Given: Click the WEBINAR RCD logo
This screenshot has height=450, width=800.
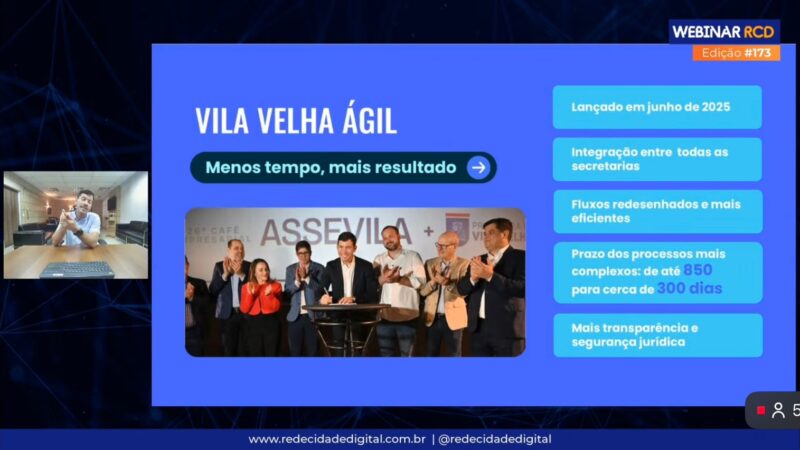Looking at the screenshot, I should click(723, 31).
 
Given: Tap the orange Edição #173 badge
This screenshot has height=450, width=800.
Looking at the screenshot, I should click(736, 53).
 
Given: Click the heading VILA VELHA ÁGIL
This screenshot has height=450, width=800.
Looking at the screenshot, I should click(295, 121).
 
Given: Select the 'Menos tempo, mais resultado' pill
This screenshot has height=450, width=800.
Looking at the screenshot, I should click(343, 167).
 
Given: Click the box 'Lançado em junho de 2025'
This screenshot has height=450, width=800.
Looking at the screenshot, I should click(657, 106).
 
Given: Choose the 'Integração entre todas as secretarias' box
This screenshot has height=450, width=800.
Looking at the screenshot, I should click(657, 159).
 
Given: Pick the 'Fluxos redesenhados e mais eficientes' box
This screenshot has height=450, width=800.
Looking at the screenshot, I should click(657, 211).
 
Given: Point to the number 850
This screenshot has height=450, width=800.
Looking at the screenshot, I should click(698, 271).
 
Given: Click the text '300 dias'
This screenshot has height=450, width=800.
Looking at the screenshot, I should click(689, 289).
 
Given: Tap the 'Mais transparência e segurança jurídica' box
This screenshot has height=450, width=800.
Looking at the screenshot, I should click(657, 335).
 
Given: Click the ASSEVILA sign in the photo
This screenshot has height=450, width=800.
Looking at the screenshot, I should click(337, 232).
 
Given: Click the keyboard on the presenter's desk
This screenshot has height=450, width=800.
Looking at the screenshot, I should click(76, 268).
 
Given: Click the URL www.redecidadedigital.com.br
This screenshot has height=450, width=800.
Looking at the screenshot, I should click(337, 439).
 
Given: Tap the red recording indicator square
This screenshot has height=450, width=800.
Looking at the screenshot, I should click(760, 410).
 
